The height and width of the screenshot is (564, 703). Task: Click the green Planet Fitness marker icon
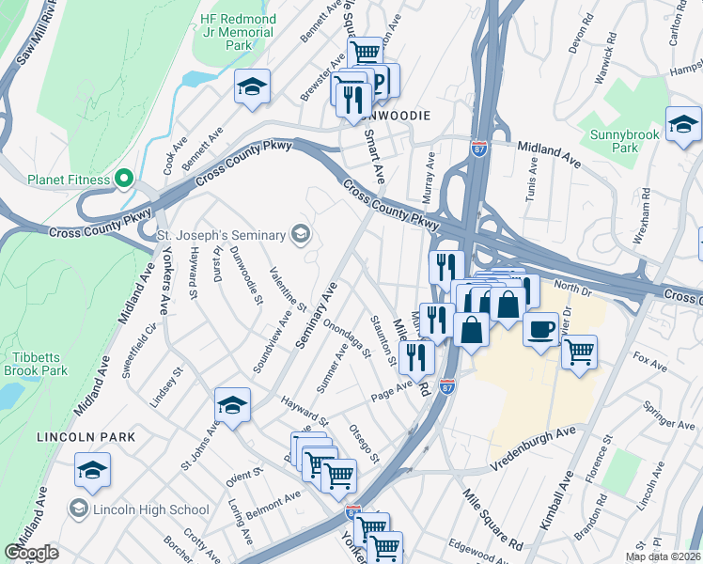[123, 179]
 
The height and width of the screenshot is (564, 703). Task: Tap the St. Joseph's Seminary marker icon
[301, 233]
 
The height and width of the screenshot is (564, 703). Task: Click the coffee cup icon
[540, 330]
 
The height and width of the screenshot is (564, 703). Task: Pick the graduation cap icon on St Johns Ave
[232, 405]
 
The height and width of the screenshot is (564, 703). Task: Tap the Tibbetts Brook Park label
[39, 364]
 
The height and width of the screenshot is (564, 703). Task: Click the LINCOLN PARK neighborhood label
[86, 437]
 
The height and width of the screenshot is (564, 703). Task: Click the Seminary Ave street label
[317, 315]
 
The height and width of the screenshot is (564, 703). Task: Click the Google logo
[31, 553]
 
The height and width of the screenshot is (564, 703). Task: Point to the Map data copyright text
[664, 556]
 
